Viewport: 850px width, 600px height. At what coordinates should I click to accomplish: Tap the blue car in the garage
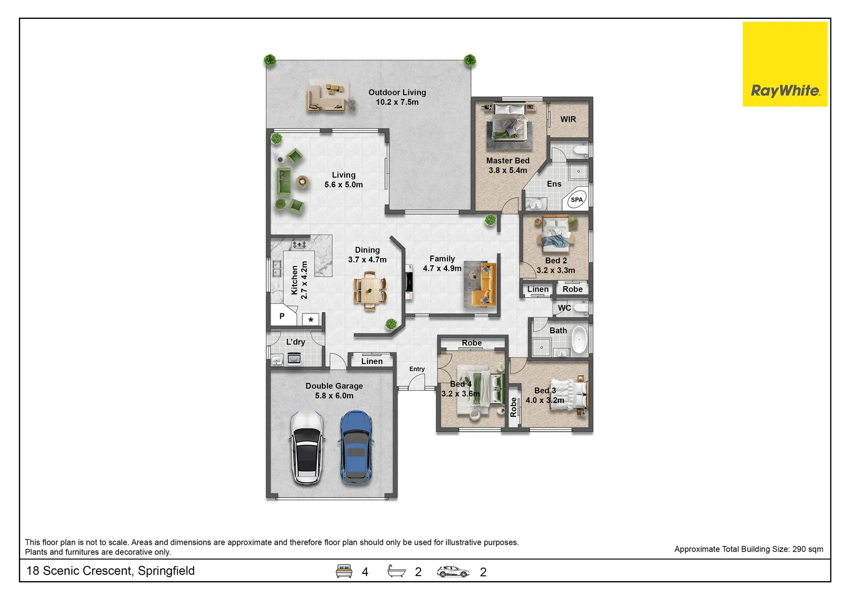356,447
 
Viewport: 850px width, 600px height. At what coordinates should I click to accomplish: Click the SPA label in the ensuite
576,199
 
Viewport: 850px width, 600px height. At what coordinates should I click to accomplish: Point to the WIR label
568,119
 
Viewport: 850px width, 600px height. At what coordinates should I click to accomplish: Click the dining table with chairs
370,290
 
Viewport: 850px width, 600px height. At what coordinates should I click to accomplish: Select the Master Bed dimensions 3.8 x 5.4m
507,171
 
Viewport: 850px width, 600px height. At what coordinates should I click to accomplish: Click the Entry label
416,369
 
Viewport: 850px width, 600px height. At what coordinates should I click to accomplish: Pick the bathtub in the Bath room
579,340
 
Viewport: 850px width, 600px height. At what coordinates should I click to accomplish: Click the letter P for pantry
282,316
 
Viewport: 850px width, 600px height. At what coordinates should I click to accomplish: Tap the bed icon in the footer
344,571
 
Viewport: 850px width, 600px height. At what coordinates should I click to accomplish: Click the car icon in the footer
453,571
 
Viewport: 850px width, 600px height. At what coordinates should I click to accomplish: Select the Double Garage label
334,386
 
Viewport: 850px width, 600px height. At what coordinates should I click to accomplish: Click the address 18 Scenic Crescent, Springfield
111,571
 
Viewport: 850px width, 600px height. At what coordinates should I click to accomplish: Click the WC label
564,308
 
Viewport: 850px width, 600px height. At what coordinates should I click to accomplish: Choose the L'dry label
295,342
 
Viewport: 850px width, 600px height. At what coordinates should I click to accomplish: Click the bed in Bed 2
555,233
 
